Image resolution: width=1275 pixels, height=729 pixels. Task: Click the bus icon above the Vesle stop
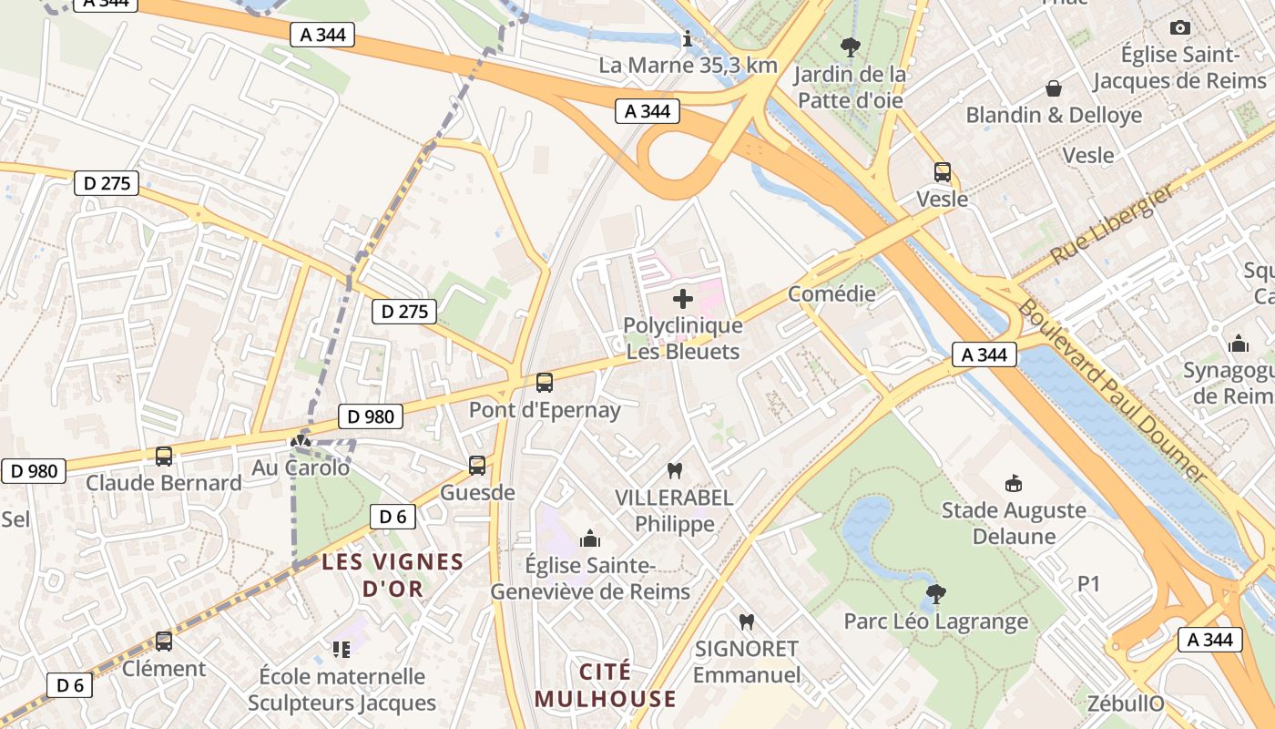tap(942, 171)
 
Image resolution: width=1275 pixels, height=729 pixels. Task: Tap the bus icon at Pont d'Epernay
tap(544, 383)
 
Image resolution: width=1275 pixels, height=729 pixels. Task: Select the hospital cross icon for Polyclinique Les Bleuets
tap(682, 299)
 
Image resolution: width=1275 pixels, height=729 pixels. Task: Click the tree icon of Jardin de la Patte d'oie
tap(850, 46)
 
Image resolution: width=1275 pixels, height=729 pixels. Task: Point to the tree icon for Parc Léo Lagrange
tap(934, 594)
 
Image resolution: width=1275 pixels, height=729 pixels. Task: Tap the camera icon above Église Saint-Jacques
tap(1179, 28)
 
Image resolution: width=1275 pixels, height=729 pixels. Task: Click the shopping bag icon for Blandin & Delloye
tap(1054, 88)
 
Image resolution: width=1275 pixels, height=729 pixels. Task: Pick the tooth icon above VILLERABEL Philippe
tap(674, 471)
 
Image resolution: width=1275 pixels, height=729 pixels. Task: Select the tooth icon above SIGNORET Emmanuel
tap(746, 621)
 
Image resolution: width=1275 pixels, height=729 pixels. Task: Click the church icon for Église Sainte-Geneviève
tap(590, 539)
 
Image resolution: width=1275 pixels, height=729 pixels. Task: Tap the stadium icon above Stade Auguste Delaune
tap(1013, 483)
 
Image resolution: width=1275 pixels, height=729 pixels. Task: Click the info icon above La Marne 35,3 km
tap(688, 39)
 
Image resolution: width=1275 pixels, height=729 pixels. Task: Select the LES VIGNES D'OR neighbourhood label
tap(393, 575)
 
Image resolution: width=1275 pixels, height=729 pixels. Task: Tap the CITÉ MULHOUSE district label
tap(606, 685)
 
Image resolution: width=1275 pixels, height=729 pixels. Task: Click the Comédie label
tap(831, 293)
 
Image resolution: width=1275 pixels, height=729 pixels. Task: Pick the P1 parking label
tap(1089, 583)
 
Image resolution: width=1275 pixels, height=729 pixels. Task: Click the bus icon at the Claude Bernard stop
tap(164, 457)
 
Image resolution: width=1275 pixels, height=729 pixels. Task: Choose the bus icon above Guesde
tap(476, 466)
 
